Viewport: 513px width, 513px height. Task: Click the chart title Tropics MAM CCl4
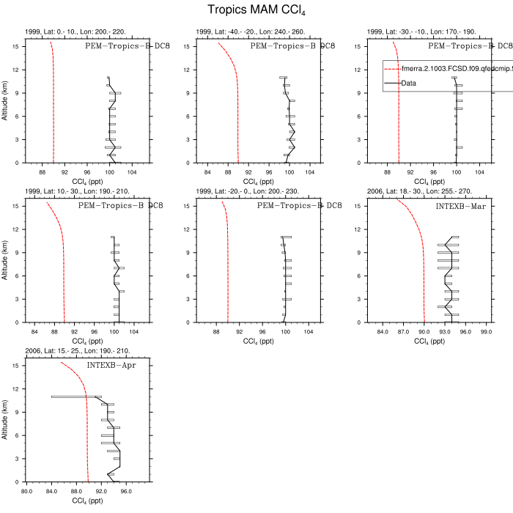click(256, 10)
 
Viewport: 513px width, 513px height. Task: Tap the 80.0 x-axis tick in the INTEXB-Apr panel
click(26, 492)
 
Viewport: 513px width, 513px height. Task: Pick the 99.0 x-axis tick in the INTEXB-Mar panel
click(485, 332)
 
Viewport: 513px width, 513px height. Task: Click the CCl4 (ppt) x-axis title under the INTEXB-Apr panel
click(87, 501)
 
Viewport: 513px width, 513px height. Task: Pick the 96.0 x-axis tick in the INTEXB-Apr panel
click(125, 492)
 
